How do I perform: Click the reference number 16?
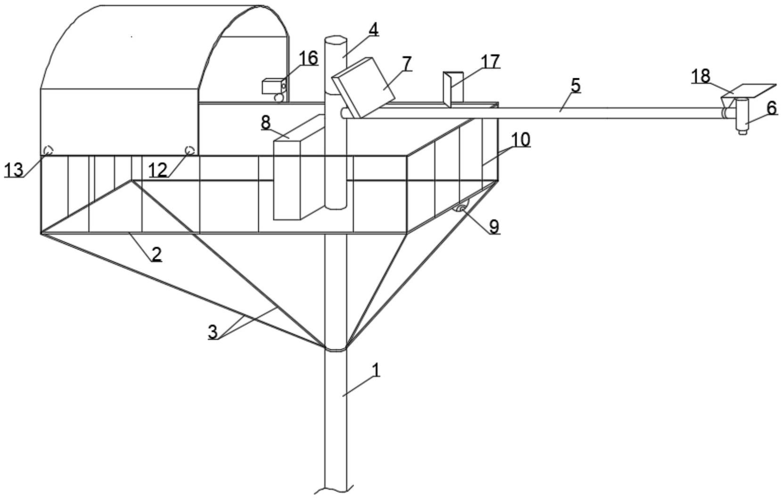pyautogui.click(x=309, y=58)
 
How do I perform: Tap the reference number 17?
pyautogui.click(x=490, y=62)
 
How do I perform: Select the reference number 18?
pyautogui.click(x=701, y=76)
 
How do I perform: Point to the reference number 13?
pyautogui.click(x=14, y=169)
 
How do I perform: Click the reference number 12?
pyautogui.click(x=158, y=169)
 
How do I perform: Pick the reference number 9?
pyautogui.click(x=493, y=226)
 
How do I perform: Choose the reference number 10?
pyautogui.click(x=520, y=140)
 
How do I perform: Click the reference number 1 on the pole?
pyautogui.click(x=376, y=370)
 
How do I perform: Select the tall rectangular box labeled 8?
pyautogui.click(x=287, y=179)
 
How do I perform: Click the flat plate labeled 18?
pyautogui.click(x=750, y=91)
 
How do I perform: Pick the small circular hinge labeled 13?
pyautogui.click(x=48, y=150)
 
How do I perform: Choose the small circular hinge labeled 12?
pyautogui.click(x=190, y=150)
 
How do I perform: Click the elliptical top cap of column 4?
pyautogui.click(x=336, y=40)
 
